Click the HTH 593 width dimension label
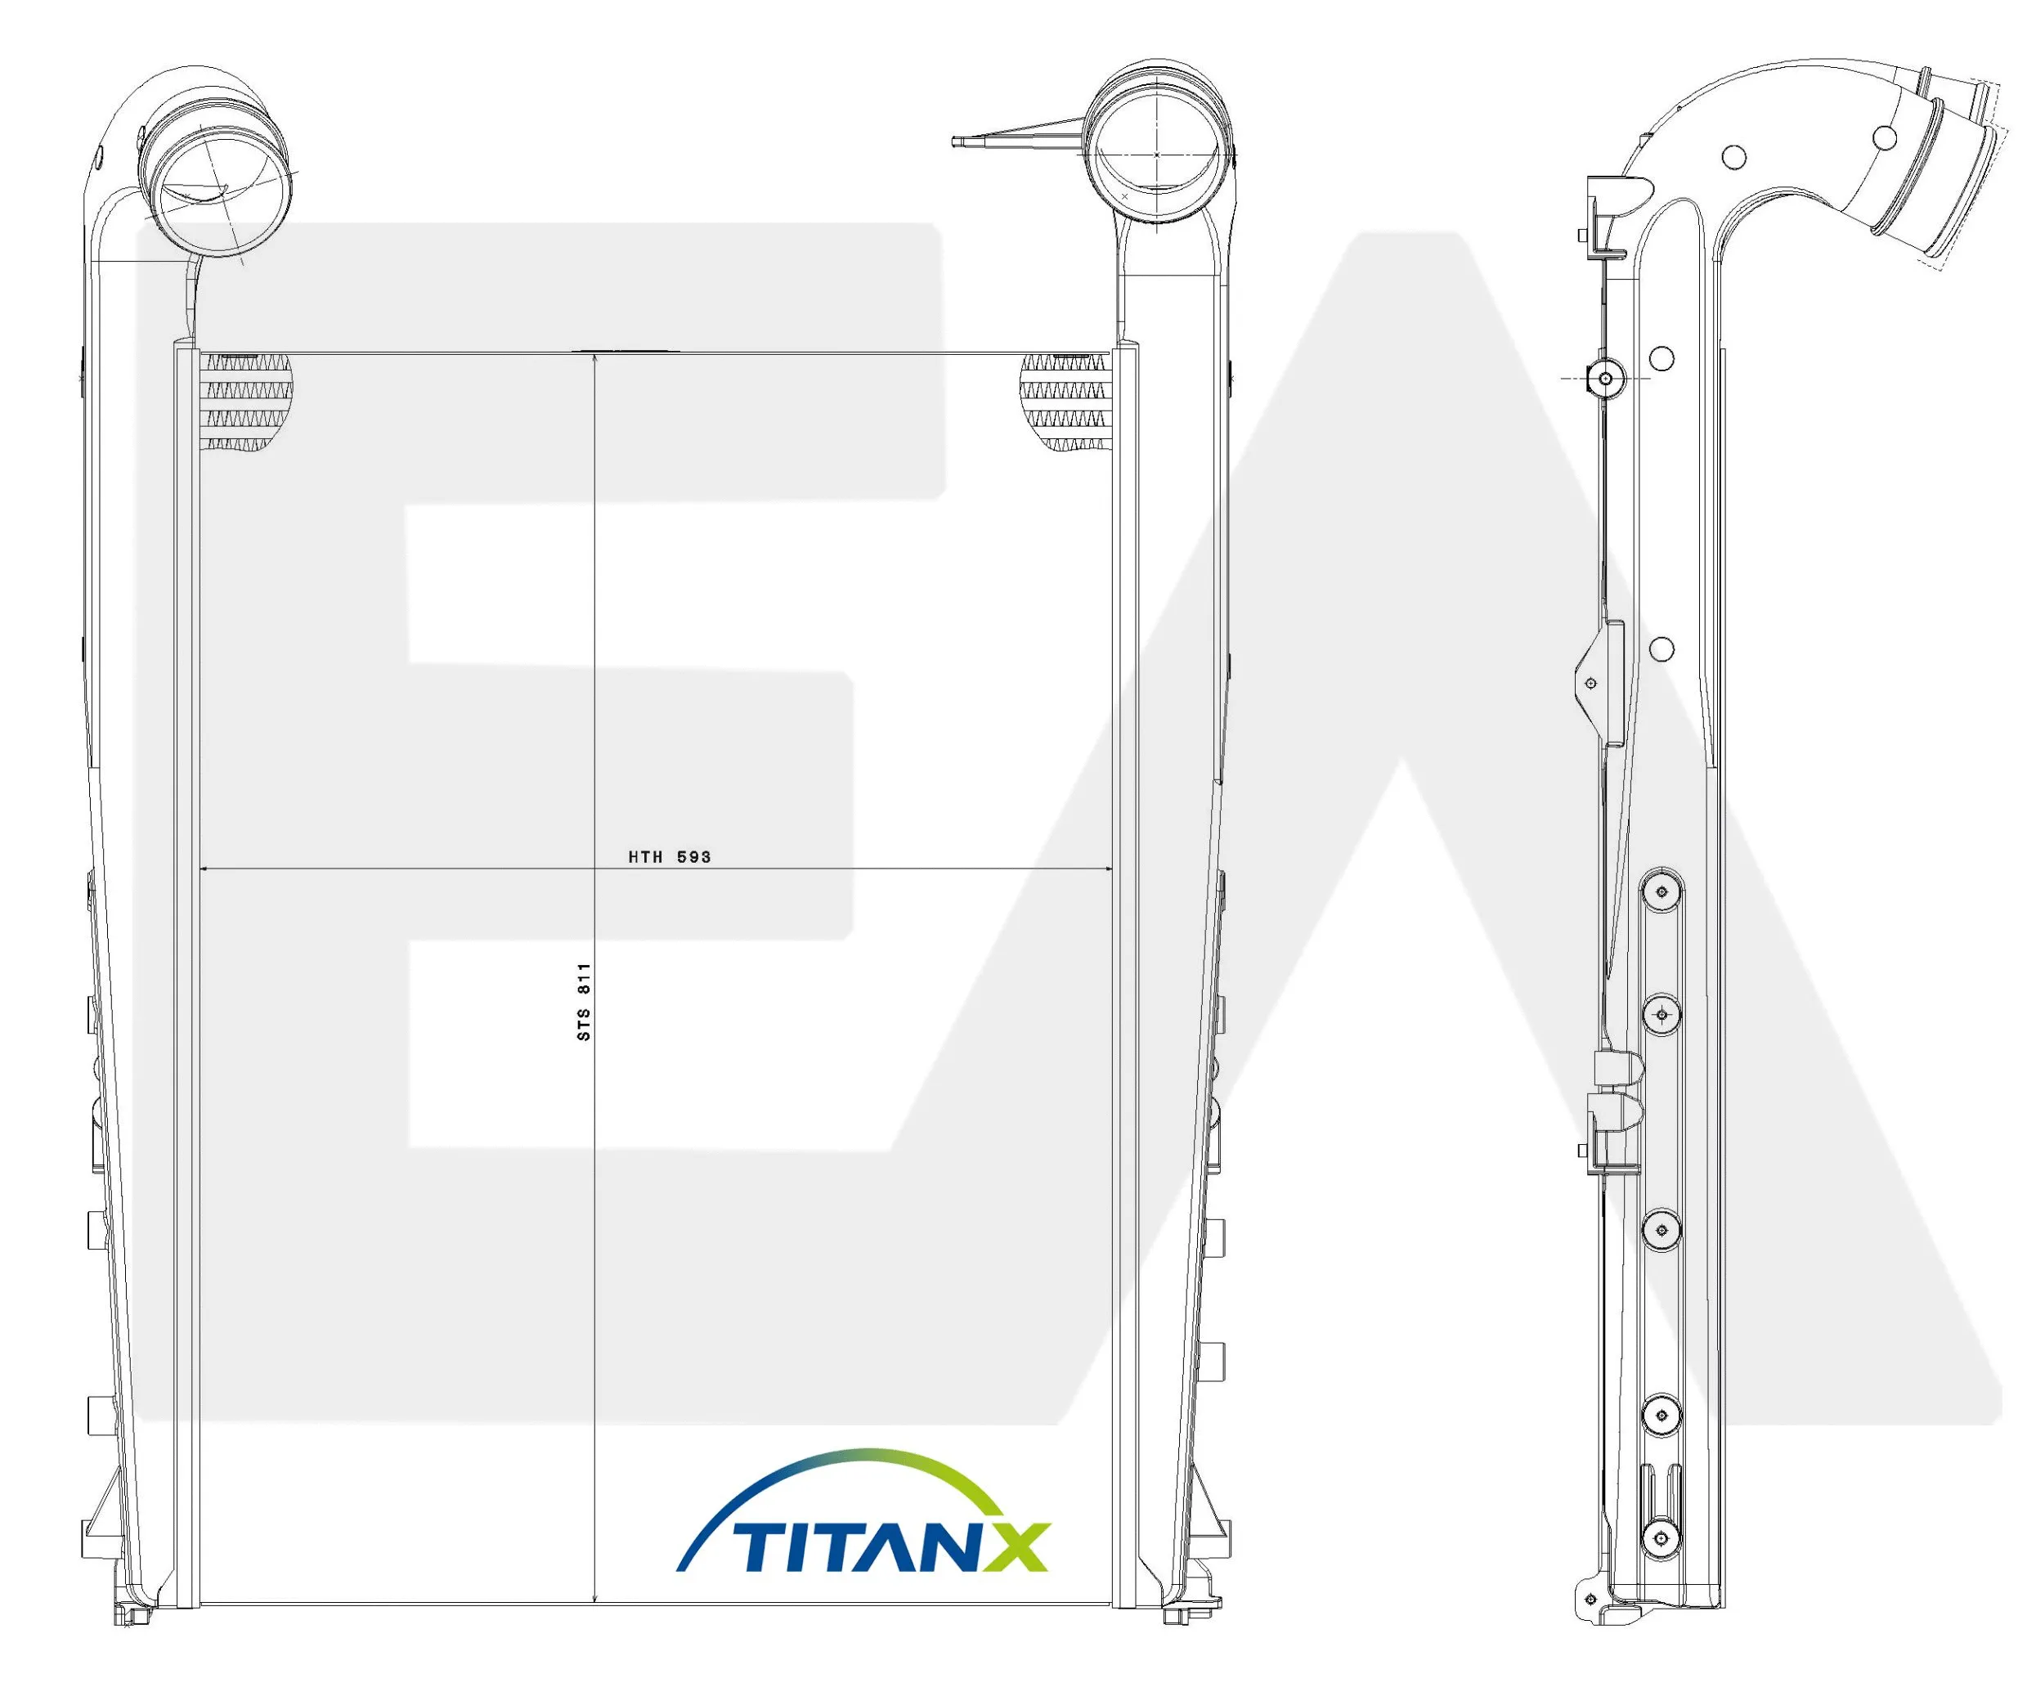coord(669,857)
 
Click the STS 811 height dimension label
coord(584,1002)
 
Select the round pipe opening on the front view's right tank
coord(1158,155)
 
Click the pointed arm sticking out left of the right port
coord(1018,135)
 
